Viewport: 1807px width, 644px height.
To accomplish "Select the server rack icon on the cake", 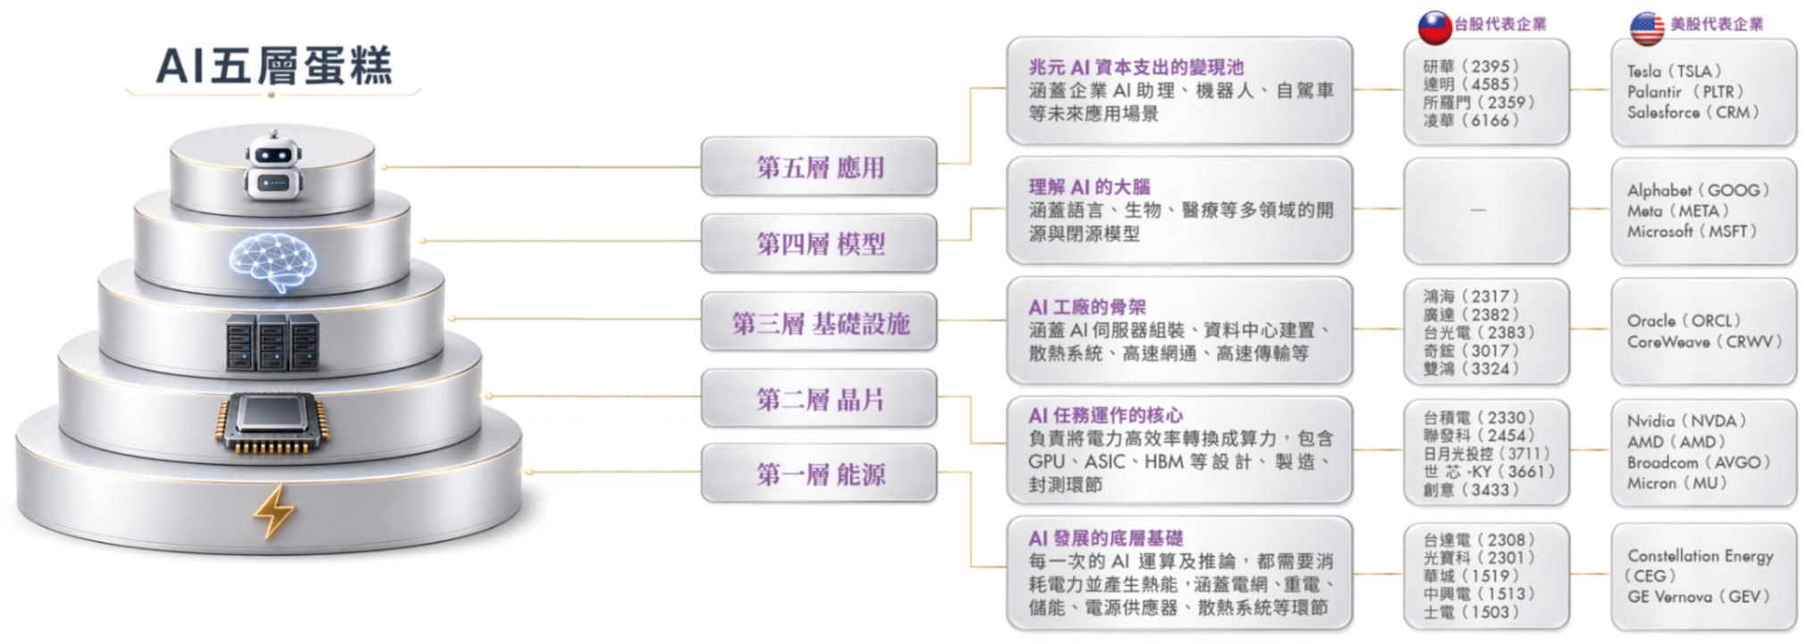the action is click(272, 342).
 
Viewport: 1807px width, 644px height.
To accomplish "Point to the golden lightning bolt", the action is click(274, 512).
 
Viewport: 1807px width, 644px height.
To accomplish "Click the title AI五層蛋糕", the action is click(274, 65).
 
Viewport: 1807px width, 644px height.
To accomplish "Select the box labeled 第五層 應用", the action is click(819, 166).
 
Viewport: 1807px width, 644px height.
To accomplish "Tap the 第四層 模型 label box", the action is click(819, 243).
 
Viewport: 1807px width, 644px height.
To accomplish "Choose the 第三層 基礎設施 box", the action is click(819, 322).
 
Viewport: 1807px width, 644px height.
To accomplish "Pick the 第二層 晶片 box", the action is click(819, 398).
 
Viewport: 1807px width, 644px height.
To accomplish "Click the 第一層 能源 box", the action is click(819, 473).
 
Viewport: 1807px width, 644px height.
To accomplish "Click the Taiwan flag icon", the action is click(1434, 27).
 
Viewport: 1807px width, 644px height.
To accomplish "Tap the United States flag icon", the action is click(1646, 28).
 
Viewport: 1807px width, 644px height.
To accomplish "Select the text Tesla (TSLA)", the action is click(1674, 71).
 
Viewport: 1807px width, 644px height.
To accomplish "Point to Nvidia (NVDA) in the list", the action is click(1686, 421).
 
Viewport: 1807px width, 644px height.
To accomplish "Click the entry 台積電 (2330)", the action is click(1479, 418).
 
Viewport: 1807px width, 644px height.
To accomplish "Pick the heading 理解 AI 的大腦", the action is click(1089, 187).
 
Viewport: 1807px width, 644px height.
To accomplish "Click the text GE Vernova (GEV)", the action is click(1699, 597).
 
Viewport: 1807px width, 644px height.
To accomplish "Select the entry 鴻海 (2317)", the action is click(1471, 296).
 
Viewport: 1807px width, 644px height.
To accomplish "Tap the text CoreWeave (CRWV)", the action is click(1704, 342).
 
